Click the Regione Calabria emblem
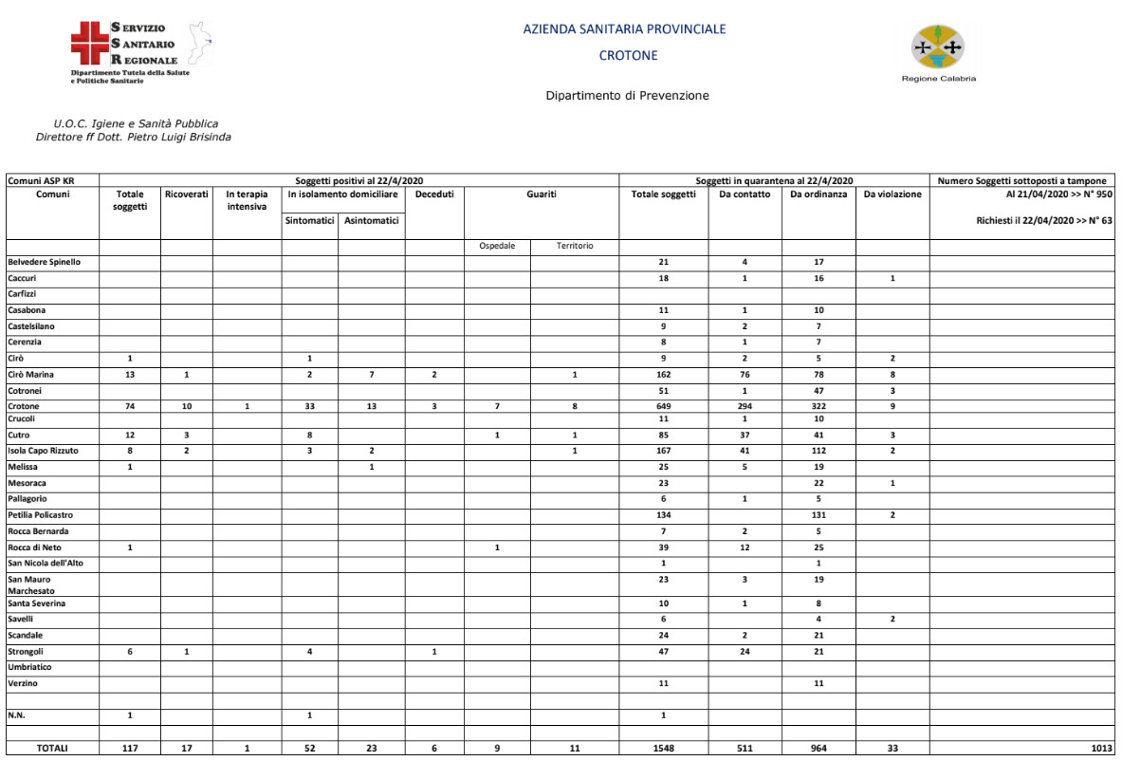937,47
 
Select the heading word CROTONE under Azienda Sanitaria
628,55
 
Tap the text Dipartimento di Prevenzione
627,96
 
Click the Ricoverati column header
186,195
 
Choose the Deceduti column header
434,195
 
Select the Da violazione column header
892,195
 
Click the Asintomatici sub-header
371,221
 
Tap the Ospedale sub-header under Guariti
497,246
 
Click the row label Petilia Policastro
40,515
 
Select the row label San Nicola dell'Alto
46,563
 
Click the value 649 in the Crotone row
663,406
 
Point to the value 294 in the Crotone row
745,406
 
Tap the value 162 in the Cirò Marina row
663,375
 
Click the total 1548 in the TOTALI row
663,748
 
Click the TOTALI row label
52,748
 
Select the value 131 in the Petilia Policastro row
819,515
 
